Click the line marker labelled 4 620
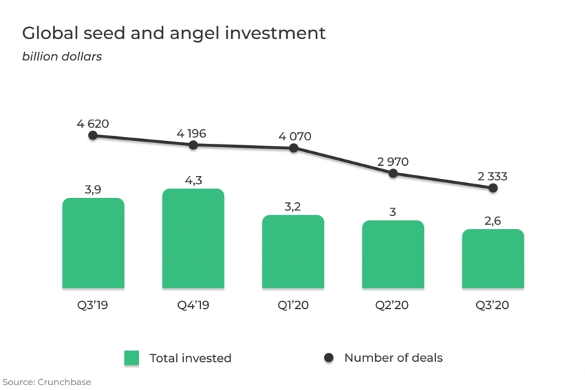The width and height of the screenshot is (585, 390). coord(93,136)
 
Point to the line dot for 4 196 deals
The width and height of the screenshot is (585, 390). coord(193,145)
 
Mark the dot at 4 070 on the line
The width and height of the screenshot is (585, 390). coord(294,148)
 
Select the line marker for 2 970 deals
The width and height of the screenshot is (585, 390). coord(393,173)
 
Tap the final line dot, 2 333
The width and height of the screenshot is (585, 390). coord(493,188)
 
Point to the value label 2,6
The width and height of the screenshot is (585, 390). coord(493,219)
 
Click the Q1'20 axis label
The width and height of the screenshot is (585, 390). coord(293,305)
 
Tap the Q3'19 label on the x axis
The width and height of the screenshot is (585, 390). coord(93,305)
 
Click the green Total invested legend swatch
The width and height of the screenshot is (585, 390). coord(131,358)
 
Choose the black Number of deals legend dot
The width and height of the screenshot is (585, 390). coord(328,358)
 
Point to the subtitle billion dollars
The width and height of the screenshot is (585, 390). coord(62,56)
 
